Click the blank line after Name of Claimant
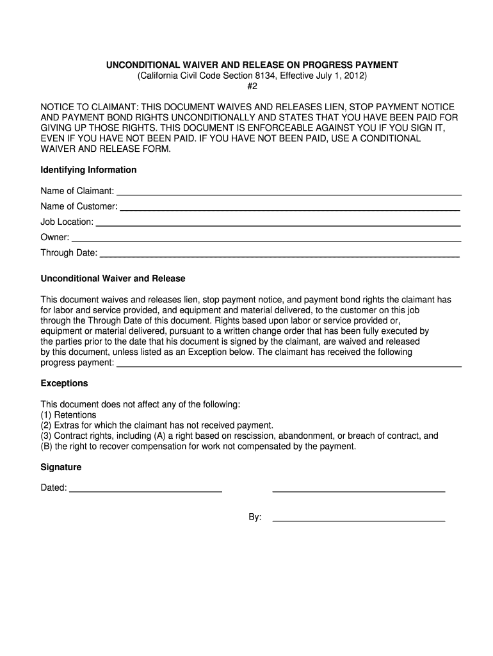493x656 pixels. point(289,193)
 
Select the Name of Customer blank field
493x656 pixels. point(290,209)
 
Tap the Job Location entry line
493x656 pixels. point(278,225)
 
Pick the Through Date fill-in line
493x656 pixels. point(280,256)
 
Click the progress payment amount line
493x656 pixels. point(289,366)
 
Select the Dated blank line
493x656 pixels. point(145,491)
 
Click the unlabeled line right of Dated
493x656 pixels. point(359,491)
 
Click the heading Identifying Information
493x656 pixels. point(88,170)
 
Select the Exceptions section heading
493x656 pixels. point(64,384)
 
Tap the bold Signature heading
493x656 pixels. point(61,468)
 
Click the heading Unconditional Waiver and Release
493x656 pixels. point(113,279)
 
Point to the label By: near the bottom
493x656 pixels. point(255,518)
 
